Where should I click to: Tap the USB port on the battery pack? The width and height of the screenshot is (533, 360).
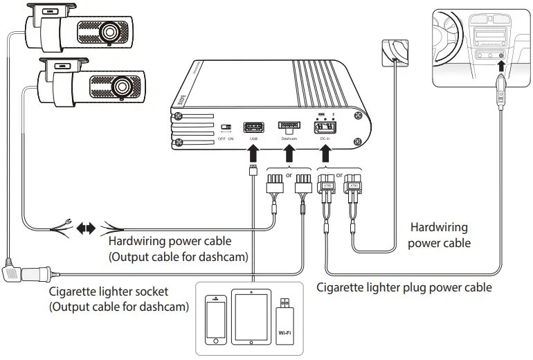pos(253,127)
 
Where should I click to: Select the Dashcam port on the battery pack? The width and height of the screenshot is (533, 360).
pos(289,127)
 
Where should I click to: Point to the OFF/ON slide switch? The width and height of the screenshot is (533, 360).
pos(226,128)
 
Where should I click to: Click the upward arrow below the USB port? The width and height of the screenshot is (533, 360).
pos(253,153)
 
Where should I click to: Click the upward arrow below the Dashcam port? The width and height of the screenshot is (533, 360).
pos(289,153)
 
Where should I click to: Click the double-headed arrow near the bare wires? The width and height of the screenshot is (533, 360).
pos(87,228)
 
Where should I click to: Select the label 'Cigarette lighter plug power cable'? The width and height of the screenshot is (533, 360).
pos(404,287)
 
